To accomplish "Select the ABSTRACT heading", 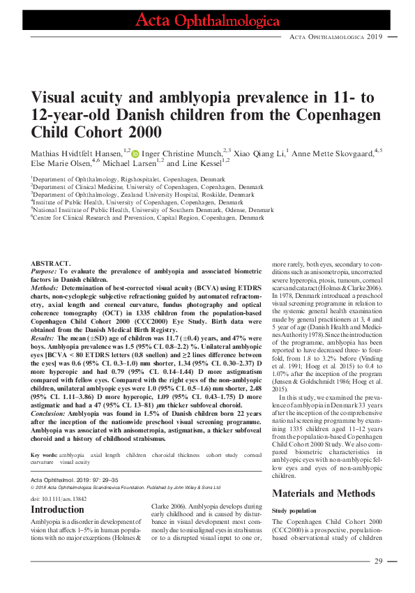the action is pos(50,263).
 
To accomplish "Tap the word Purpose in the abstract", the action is pos(43,271).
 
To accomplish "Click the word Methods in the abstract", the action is pos(44,286).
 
